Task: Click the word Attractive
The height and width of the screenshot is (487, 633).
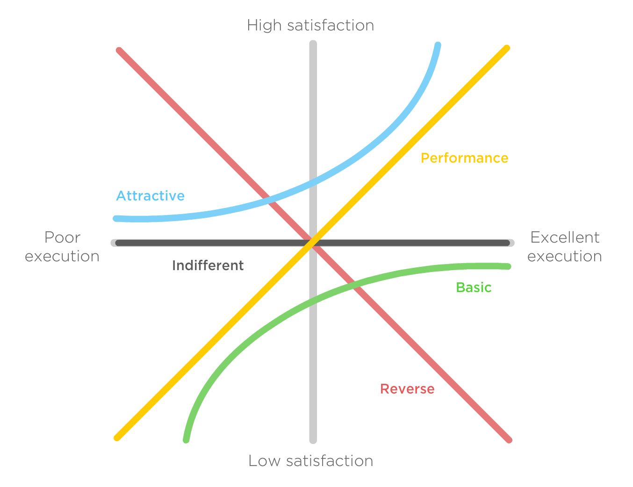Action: [150, 196]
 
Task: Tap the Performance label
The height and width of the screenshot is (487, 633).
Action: [464, 158]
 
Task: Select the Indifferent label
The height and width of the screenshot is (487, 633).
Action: [208, 265]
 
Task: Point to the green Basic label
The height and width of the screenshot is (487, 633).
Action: [474, 287]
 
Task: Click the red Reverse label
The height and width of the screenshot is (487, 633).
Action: [407, 389]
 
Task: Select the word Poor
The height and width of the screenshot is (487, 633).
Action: [62, 237]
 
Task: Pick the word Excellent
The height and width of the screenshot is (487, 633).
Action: [565, 237]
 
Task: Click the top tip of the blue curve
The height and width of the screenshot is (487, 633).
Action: [438, 45]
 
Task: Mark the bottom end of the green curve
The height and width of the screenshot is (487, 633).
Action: [186, 440]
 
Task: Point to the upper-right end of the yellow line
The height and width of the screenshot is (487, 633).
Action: [507, 48]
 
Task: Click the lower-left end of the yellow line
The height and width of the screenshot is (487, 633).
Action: [117, 438]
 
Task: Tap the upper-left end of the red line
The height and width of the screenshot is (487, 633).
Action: [119, 50]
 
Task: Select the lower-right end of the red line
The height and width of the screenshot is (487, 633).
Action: [509, 440]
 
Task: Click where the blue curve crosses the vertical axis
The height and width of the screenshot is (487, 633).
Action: [313, 182]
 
